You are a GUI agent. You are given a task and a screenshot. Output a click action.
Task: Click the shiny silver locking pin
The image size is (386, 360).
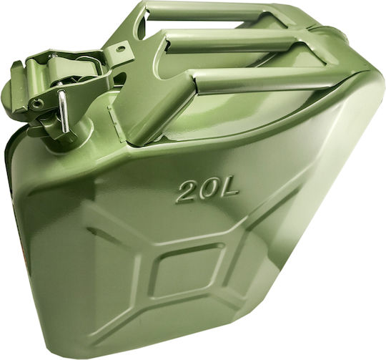[x=63, y=111]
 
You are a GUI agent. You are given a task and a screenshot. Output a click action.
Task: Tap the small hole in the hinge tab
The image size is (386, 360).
[x=120, y=49]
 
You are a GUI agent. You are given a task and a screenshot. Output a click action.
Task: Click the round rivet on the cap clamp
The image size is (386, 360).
[x=37, y=104]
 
